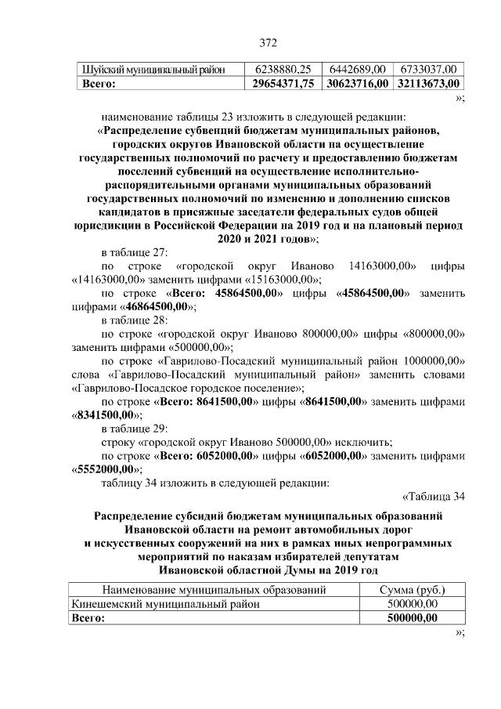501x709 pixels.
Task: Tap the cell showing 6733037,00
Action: coord(427,69)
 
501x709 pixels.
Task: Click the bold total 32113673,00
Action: coord(427,83)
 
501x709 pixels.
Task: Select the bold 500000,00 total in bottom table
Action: coord(413,618)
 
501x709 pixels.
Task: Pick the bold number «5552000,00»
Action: coord(104,469)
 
